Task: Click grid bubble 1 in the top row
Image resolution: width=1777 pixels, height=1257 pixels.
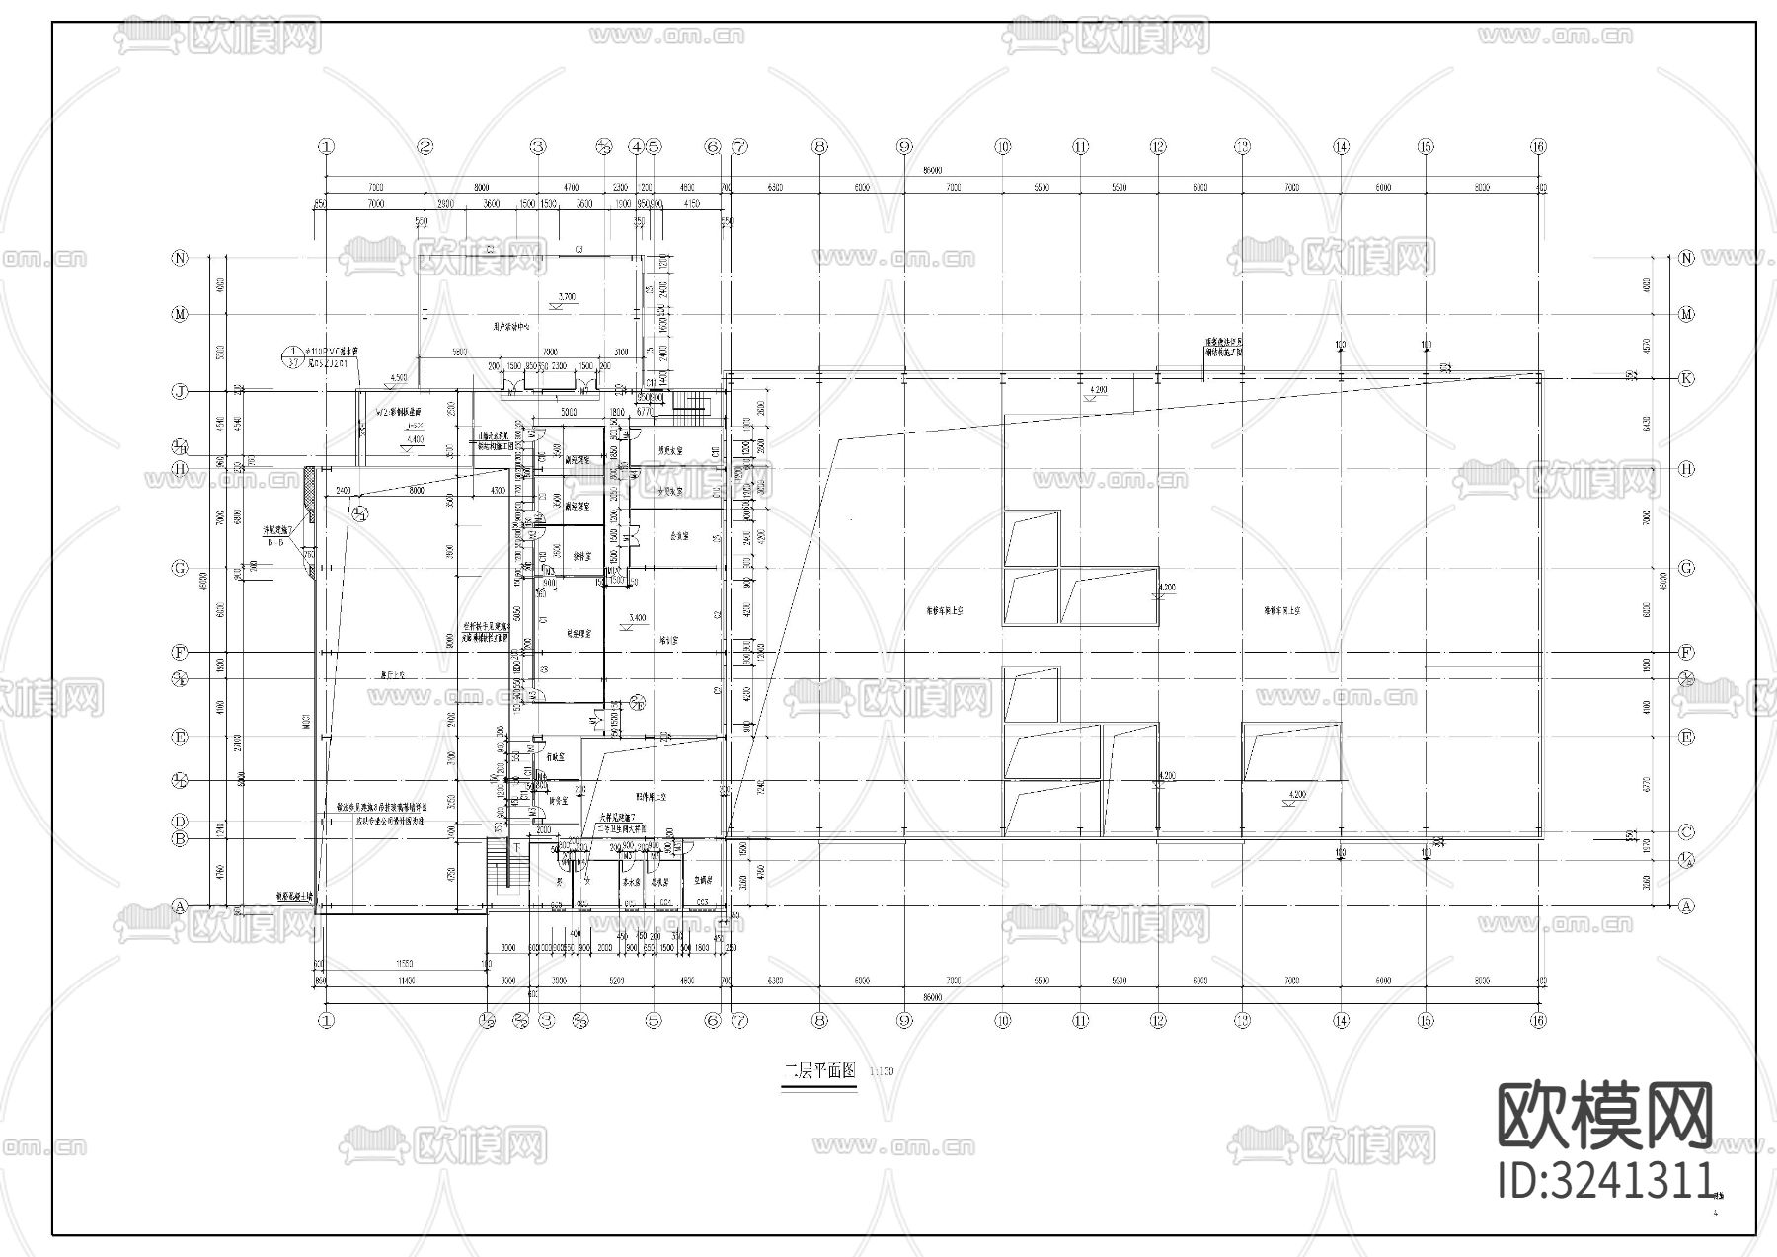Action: click(x=326, y=146)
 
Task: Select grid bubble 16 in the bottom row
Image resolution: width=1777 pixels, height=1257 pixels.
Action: click(x=1538, y=1021)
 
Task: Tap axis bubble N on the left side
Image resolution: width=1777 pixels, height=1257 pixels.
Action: click(x=180, y=258)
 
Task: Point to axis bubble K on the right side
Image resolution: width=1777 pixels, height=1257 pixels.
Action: click(x=1686, y=378)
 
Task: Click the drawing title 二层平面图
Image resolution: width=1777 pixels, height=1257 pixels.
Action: click(x=819, y=1072)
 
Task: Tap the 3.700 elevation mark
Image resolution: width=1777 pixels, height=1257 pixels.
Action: click(x=567, y=297)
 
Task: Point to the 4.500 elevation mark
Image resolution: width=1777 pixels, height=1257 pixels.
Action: click(x=399, y=378)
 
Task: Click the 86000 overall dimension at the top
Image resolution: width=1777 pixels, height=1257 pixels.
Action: click(x=933, y=170)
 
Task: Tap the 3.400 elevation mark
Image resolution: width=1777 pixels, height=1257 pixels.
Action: click(x=638, y=618)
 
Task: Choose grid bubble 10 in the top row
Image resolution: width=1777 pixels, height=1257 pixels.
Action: click(x=1003, y=146)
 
